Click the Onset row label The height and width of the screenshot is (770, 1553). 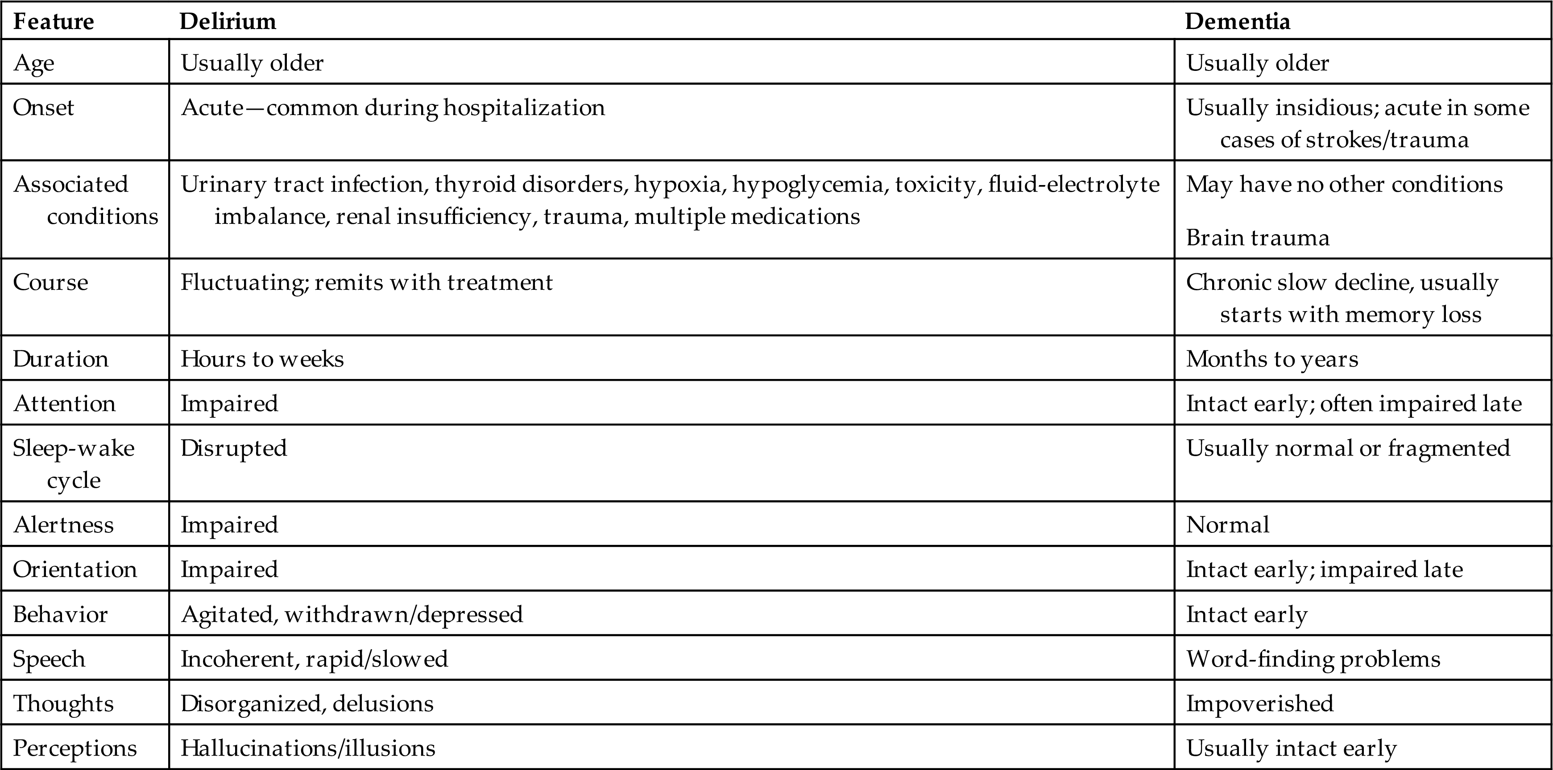point(43,107)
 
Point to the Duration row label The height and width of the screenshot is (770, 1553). point(60,359)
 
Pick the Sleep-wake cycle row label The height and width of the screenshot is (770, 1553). point(74,463)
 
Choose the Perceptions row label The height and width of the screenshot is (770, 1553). point(75,748)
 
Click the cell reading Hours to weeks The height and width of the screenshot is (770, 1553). point(262,359)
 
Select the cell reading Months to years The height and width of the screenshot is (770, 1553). point(1272,359)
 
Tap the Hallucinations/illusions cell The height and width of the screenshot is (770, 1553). point(307,748)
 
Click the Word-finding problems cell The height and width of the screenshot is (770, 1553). point(1313,659)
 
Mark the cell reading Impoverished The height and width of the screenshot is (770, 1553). point(1259,704)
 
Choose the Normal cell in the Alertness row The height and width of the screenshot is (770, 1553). point(1227,525)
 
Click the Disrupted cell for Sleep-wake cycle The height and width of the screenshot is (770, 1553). point(234,448)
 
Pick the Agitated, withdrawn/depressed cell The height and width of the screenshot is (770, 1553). point(352,614)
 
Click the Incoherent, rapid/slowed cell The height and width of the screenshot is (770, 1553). point(314,659)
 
